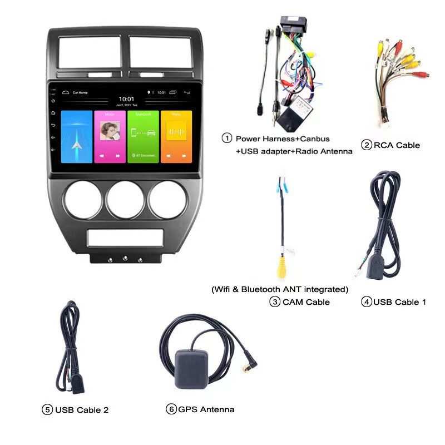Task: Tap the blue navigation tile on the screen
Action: (x=77, y=136)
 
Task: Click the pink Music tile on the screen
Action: (x=110, y=136)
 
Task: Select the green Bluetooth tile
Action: (x=143, y=136)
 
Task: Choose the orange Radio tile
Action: (x=176, y=136)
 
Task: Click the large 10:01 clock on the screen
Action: (x=126, y=98)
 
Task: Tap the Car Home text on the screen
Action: (x=80, y=92)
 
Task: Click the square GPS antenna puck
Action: (x=192, y=369)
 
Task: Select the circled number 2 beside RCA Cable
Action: (x=366, y=145)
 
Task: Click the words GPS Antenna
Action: (x=206, y=409)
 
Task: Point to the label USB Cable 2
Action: (x=81, y=410)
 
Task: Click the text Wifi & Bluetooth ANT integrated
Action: (x=280, y=289)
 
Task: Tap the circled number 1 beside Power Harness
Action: (x=226, y=138)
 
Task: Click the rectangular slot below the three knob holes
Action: (x=125, y=238)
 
